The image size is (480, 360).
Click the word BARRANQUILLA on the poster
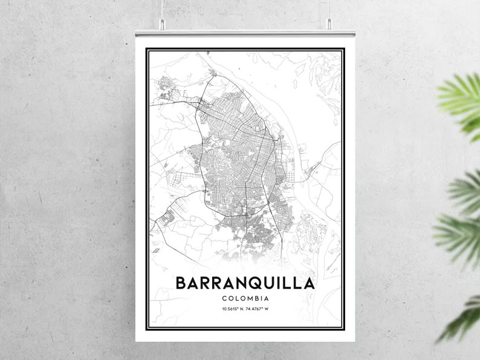point(245,283)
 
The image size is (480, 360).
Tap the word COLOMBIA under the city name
point(245,298)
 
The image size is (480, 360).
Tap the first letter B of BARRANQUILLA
point(181,283)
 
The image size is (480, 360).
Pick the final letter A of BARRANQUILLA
point(308,283)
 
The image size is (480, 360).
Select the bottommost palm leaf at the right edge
point(462,318)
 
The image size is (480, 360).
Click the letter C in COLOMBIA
point(225,298)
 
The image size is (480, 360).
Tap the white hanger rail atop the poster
point(245,33)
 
